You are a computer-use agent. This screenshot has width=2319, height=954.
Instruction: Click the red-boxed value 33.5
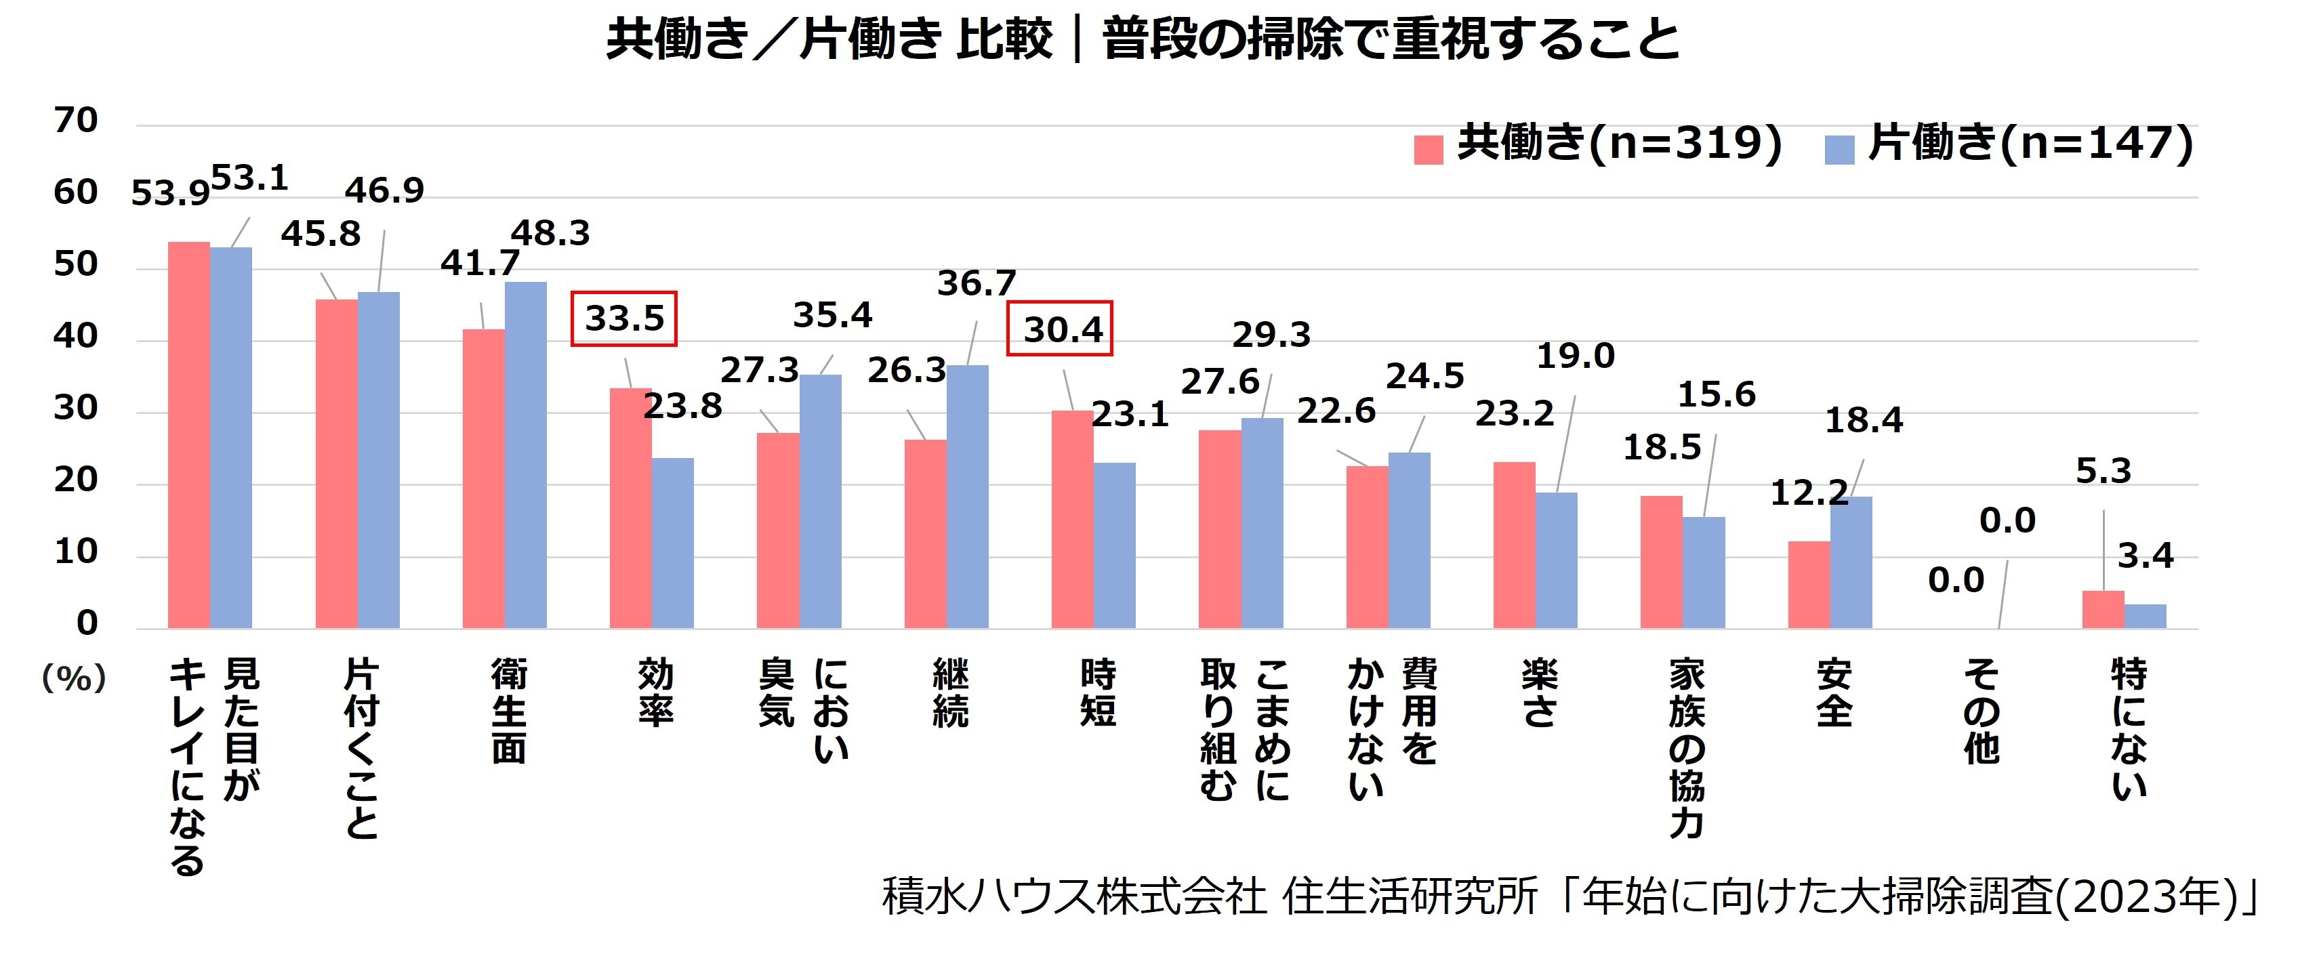click(624, 318)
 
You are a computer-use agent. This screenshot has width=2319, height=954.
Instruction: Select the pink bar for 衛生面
click(483, 479)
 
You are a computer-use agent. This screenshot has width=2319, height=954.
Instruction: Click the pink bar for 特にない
click(2102, 610)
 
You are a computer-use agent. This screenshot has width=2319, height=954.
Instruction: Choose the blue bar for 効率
click(672, 543)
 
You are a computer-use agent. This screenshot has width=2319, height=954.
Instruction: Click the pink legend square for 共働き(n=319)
click(1428, 149)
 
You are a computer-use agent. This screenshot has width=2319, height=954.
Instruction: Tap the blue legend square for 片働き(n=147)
click(1839, 149)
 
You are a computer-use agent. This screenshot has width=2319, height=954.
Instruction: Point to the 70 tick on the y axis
click(76, 121)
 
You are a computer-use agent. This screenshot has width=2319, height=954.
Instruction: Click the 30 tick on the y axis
click(76, 409)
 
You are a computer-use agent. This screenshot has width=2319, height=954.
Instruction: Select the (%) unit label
click(74, 678)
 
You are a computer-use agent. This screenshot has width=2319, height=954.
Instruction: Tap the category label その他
click(1982, 711)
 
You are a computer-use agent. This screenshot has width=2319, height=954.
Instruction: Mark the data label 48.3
click(550, 234)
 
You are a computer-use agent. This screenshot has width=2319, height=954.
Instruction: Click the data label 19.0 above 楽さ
click(1574, 357)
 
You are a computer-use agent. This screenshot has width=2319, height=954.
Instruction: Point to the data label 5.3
click(2103, 472)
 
